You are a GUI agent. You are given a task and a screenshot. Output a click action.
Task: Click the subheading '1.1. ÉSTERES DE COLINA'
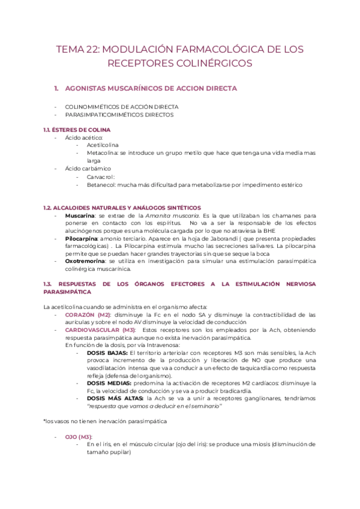point(77,130)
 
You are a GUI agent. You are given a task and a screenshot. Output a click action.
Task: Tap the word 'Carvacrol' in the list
point(100,177)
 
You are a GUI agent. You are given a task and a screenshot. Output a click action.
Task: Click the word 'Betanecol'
point(101,185)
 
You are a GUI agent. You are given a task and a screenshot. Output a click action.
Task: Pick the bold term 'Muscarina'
point(79,215)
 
